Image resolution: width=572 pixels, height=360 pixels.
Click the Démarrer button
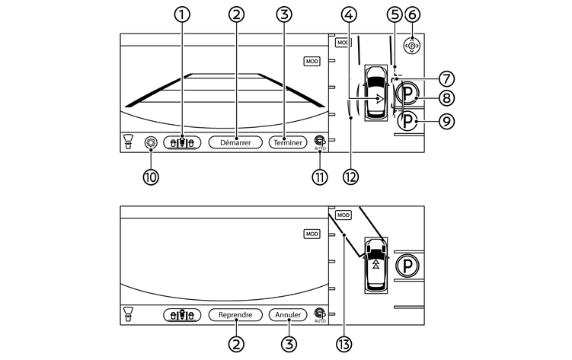(x=235, y=142)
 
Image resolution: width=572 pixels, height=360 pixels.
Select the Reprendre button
(x=235, y=314)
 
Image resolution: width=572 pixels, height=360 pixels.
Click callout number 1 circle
(x=183, y=14)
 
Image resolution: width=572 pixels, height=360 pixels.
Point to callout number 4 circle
(x=350, y=14)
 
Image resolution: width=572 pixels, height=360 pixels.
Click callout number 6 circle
(x=412, y=14)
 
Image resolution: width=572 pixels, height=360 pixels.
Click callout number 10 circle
(x=151, y=176)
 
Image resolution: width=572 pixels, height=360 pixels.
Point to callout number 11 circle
(x=320, y=176)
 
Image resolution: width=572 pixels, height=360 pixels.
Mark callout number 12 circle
(x=350, y=176)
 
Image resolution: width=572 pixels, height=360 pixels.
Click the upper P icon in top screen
(x=410, y=96)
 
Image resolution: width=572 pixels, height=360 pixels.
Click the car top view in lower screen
(x=375, y=263)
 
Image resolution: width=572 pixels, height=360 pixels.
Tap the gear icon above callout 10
(x=151, y=142)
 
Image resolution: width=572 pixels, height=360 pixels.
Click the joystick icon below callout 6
(x=412, y=46)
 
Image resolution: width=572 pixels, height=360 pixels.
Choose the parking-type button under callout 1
(x=183, y=142)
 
